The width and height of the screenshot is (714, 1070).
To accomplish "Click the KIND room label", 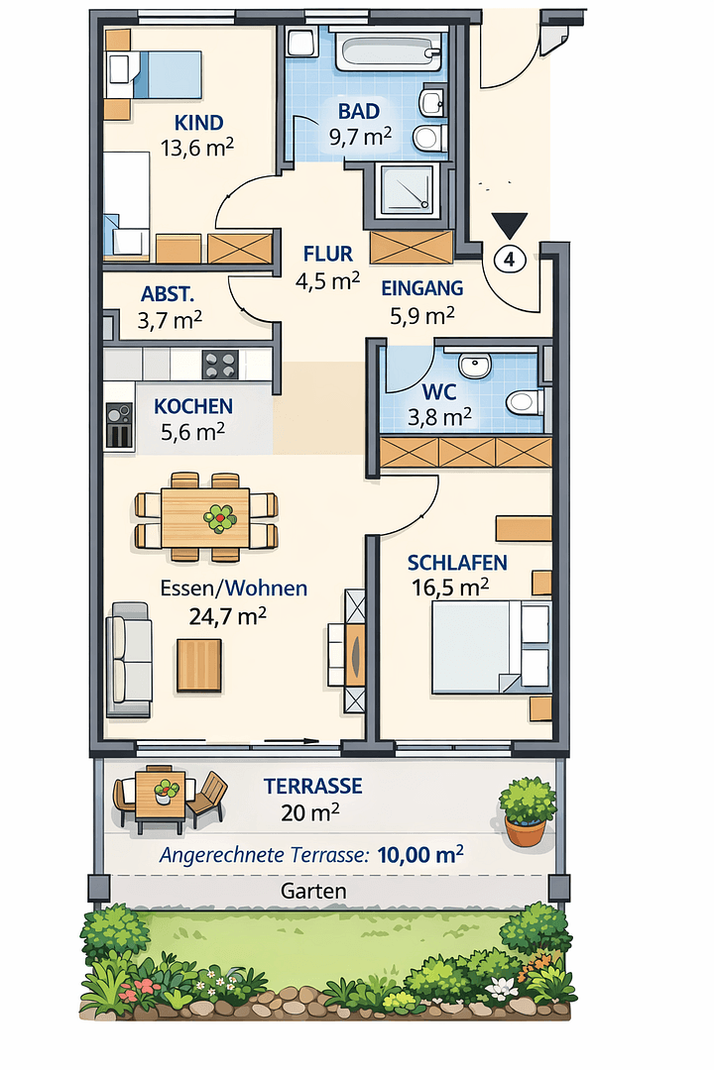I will pyautogui.click(x=198, y=123).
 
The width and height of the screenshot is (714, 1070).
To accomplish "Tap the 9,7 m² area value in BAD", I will pyautogui.click(x=359, y=137).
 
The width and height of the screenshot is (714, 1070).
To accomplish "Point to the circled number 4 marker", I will pyautogui.click(x=509, y=260).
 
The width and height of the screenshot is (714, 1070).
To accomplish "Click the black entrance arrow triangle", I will pyautogui.click(x=509, y=226).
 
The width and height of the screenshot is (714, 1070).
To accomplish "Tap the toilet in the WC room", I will pyautogui.click(x=523, y=402).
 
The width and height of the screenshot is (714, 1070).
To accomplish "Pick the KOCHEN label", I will pyautogui.click(x=193, y=406).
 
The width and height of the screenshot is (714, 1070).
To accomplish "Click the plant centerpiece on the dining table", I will pyautogui.click(x=219, y=516).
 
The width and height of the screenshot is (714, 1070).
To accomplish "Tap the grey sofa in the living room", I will pyautogui.click(x=130, y=659).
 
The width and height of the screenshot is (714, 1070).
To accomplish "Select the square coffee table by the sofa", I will pyautogui.click(x=199, y=665).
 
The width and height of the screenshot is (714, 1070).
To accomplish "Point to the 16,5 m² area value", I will pyautogui.click(x=450, y=587).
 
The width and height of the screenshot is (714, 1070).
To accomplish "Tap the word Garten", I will pyautogui.click(x=313, y=891).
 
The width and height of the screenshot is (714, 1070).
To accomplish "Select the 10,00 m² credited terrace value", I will pyautogui.click(x=420, y=855).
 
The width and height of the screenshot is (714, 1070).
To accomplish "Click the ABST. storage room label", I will pyautogui.click(x=168, y=294).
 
